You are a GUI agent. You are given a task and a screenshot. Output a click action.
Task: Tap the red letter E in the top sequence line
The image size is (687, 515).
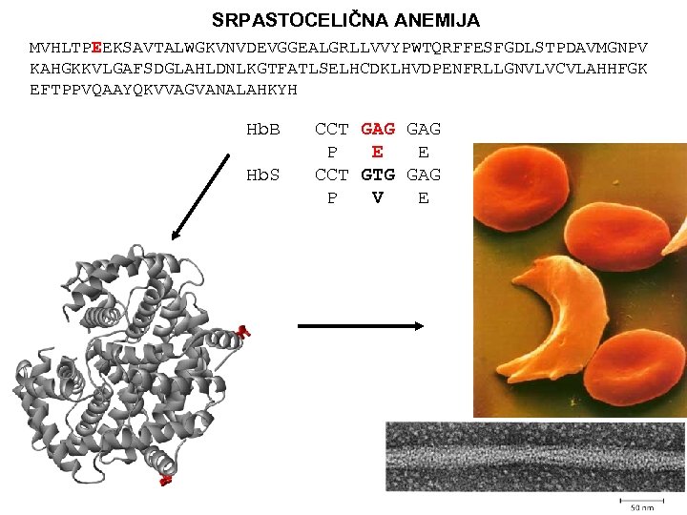tap(97, 47)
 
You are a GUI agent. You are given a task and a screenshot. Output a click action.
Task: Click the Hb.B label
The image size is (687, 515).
tap(262, 129)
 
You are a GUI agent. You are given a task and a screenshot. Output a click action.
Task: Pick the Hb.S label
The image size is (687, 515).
tap(262, 175)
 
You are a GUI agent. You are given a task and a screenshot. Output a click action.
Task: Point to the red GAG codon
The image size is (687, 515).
tap(378, 129)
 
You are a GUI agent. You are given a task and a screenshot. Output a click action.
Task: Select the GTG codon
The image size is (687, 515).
tap(378, 175)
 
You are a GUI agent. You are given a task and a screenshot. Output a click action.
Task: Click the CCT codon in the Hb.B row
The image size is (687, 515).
tap(331, 129)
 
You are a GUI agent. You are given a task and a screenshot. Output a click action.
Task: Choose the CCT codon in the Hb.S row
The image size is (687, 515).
tap(331, 175)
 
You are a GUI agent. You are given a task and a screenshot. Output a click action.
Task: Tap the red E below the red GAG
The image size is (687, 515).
tap(378, 152)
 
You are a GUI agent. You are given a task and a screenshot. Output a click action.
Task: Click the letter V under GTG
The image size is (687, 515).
tap(378, 197)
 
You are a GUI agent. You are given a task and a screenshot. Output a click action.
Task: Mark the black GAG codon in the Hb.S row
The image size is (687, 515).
tap(424, 175)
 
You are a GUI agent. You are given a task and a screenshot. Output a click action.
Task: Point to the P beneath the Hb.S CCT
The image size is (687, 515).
tap(331, 197)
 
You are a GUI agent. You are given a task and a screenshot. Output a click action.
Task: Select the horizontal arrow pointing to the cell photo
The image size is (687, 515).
tap(361, 325)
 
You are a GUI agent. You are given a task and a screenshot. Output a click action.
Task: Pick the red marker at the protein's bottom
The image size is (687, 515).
tap(166, 480)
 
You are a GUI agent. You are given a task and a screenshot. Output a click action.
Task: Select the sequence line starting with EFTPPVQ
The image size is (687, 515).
tap(163, 89)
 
